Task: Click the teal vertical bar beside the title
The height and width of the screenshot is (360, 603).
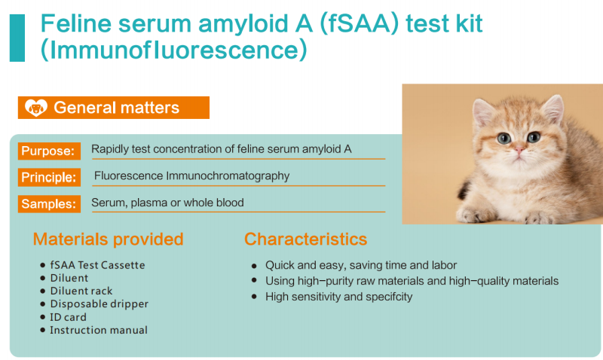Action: (17, 38)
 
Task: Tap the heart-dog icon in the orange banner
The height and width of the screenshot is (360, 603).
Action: (35, 108)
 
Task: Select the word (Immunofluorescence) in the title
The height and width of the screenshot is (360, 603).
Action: (174, 50)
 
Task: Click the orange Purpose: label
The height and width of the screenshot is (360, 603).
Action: (49, 151)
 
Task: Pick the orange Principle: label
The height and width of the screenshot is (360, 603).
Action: (49, 177)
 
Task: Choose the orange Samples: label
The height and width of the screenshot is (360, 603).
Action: (49, 203)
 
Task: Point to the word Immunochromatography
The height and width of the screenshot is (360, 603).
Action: (228, 176)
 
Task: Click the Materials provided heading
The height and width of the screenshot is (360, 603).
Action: (108, 239)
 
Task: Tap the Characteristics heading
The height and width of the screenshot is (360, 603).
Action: (306, 239)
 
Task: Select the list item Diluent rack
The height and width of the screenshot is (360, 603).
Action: (81, 291)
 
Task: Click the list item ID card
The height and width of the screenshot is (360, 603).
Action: (68, 317)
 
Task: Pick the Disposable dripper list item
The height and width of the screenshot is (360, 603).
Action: (99, 304)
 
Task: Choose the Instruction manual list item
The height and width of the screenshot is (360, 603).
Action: (99, 330)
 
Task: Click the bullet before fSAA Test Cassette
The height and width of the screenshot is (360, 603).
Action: (43, 265)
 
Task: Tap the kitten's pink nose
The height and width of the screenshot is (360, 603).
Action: (519, 148)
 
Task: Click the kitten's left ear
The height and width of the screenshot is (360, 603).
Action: (484, 112)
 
